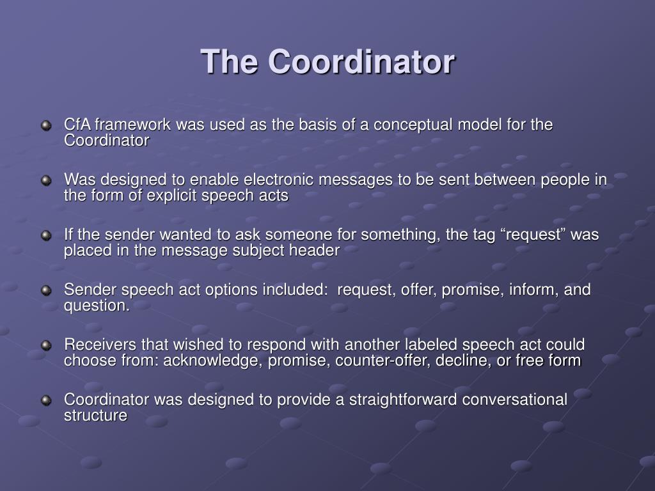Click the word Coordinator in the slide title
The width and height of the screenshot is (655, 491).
tap(361, 62)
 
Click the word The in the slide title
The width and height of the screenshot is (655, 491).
tap(230, 62)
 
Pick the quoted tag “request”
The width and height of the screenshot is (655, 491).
tap(523, 235)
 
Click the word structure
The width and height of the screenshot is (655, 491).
tap(95, 416)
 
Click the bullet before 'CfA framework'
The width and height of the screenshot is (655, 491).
tap(46, 125)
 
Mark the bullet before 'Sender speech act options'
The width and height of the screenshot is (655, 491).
tap(46, 291)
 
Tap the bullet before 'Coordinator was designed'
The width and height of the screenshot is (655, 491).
tap(46, 401)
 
